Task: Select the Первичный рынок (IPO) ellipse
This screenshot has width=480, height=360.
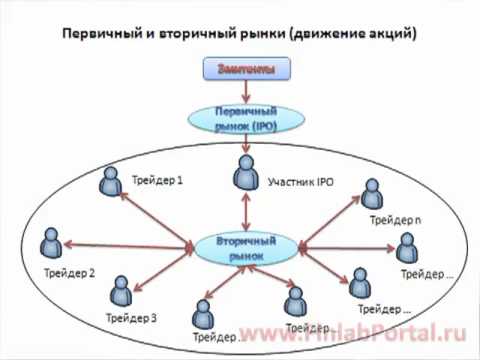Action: pyautogui.click(x=246, y=120)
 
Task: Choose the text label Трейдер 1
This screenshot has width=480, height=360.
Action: pyautogui.click(x=157, y=181)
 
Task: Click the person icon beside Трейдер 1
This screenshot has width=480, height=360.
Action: pyautogui.click(x=111, y=183)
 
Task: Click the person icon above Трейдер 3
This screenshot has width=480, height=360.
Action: pyautogui.click(x=121, y=291)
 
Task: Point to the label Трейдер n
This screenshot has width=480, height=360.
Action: pyautogui.click(x=390, y=219)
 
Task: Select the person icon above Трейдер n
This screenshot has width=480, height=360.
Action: pyautogui.click(x=372, y=194)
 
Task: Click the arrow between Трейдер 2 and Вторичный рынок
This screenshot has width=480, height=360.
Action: pyautogui.click(x=130, y=245)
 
